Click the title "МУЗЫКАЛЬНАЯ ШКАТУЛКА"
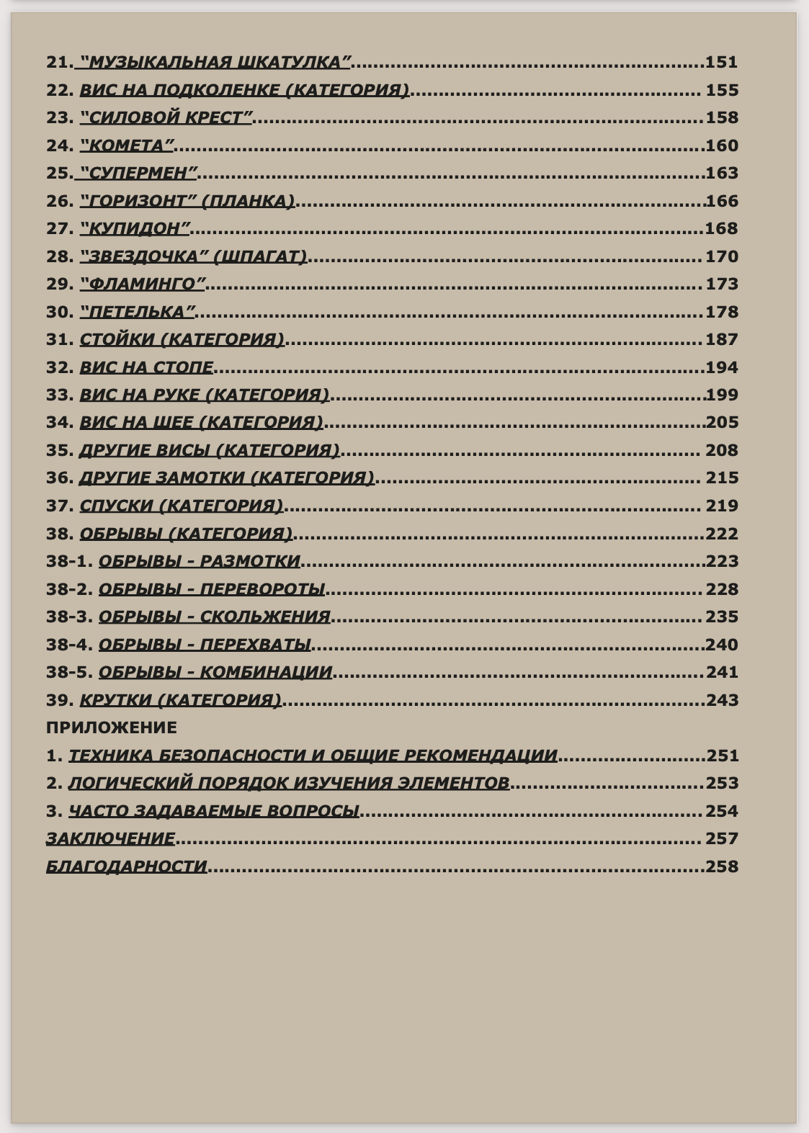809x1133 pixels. point(215,62)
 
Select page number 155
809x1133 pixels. point(722,90)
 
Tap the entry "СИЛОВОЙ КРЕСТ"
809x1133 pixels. point(166,117)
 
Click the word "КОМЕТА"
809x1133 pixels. point(127,145)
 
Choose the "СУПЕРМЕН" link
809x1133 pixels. point(137,173)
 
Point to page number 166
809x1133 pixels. point(722,201)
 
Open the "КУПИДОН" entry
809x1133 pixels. point(135,228)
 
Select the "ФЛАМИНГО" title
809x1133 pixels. point(143,284)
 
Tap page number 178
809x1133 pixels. point(722,312)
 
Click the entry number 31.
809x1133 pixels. point(60,339)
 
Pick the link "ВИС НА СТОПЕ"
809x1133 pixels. point(146,367)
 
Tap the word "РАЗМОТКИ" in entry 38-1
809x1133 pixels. point(250,561)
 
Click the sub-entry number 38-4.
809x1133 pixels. point(69,645)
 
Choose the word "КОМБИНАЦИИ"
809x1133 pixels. point(266,672)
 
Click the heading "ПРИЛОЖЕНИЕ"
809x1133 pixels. point(112,727)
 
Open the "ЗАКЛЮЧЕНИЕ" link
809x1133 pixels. point(110,838)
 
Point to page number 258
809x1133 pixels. point(722,866)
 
